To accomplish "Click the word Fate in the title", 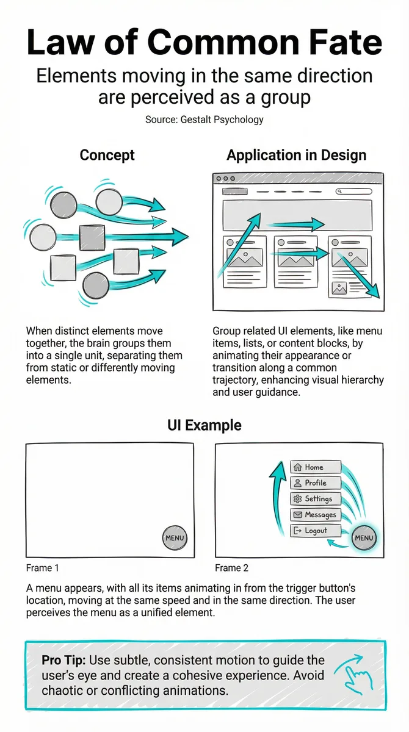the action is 344,42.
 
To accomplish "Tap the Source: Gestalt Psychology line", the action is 204,120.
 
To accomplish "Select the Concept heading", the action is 107,155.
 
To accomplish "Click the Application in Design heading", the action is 296,155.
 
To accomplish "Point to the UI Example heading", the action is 204,426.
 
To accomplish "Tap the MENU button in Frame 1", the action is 175,538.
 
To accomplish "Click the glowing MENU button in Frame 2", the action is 364,538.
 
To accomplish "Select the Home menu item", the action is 316,467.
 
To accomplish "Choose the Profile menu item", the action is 316,483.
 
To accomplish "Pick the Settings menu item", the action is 316,499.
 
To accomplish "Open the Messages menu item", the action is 316,515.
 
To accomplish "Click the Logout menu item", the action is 316,531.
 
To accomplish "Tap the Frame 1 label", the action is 43,568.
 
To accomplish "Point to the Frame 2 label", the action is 231,568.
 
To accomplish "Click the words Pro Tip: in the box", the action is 63,661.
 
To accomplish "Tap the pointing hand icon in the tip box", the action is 354,674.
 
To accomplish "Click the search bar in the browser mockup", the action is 353,191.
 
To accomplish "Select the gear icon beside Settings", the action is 297,499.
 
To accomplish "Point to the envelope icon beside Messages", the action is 297,515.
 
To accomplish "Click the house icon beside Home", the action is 297,467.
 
